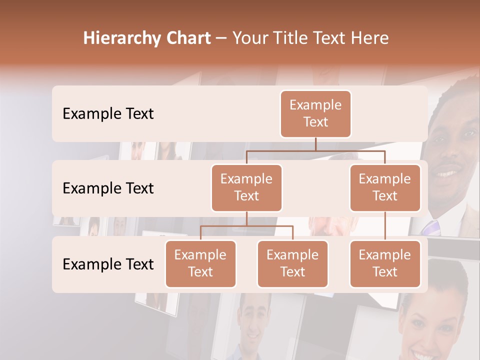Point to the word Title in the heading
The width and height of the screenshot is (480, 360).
pyautogui.click(x=296, y=38)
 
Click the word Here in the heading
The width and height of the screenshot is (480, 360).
pyautogui.click(x=370, y=38)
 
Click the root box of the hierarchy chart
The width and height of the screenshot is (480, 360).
pyautogui.click(x=315, y=113)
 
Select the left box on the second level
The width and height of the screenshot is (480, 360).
pyautogui.click(x=246, y=187)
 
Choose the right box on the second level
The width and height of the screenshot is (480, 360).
pyautogui.click(x=385, y=187)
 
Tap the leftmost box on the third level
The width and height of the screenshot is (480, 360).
pyautogui.click(x=200, y=263)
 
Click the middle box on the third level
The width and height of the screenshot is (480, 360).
pyautogui.click(x=292, y=263)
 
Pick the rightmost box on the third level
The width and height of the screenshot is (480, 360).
pyautogui.click(x=385, y=263)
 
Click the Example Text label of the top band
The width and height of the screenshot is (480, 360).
pyautogui.click(x=108, y=114)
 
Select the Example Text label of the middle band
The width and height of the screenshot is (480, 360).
pyautogui.click(x=108, y=188)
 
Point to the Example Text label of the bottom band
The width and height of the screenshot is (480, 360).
pyautogui.click(x=108, y=264)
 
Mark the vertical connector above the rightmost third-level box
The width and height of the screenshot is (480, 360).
pyautogui.click(x=385, y=226)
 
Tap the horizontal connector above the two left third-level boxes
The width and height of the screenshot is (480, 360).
pyautogui.click(x=246, y=226)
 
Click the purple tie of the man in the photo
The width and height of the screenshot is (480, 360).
pyautogui.click(x=431, y=227)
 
